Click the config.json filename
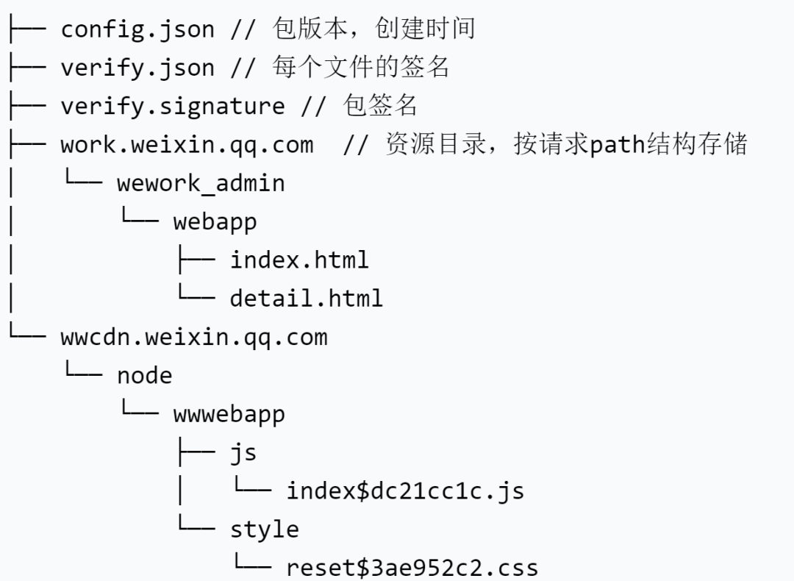(137, 29)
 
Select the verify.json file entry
(137, 68)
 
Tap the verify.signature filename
(173, 106)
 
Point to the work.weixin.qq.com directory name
(187, 145)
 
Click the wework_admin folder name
(201, 183)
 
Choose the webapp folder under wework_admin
(215, 221)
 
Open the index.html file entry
(299, 260)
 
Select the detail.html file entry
(307, 298)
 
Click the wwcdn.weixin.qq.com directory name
(194, 338)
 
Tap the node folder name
(145, 376)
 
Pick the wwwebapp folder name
(229, 414)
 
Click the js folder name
(243, 453)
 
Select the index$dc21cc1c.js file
(405, 491)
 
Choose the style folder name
(265, 530)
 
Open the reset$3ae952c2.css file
(412, 568)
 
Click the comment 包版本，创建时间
(373, 29)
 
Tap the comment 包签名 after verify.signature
(381, 106)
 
